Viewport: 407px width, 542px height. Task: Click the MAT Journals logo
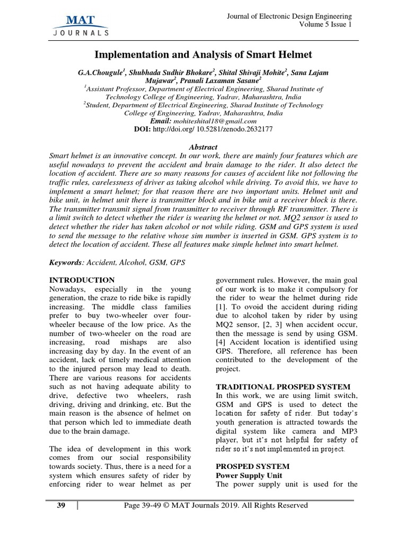click(81, 25)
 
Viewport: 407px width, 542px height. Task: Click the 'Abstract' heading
click(203, 147)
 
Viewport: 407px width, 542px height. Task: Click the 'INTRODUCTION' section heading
click(82, 280)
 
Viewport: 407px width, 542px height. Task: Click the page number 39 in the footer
click(61, 505)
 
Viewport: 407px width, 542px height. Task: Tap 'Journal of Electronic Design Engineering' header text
click(289, 16)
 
